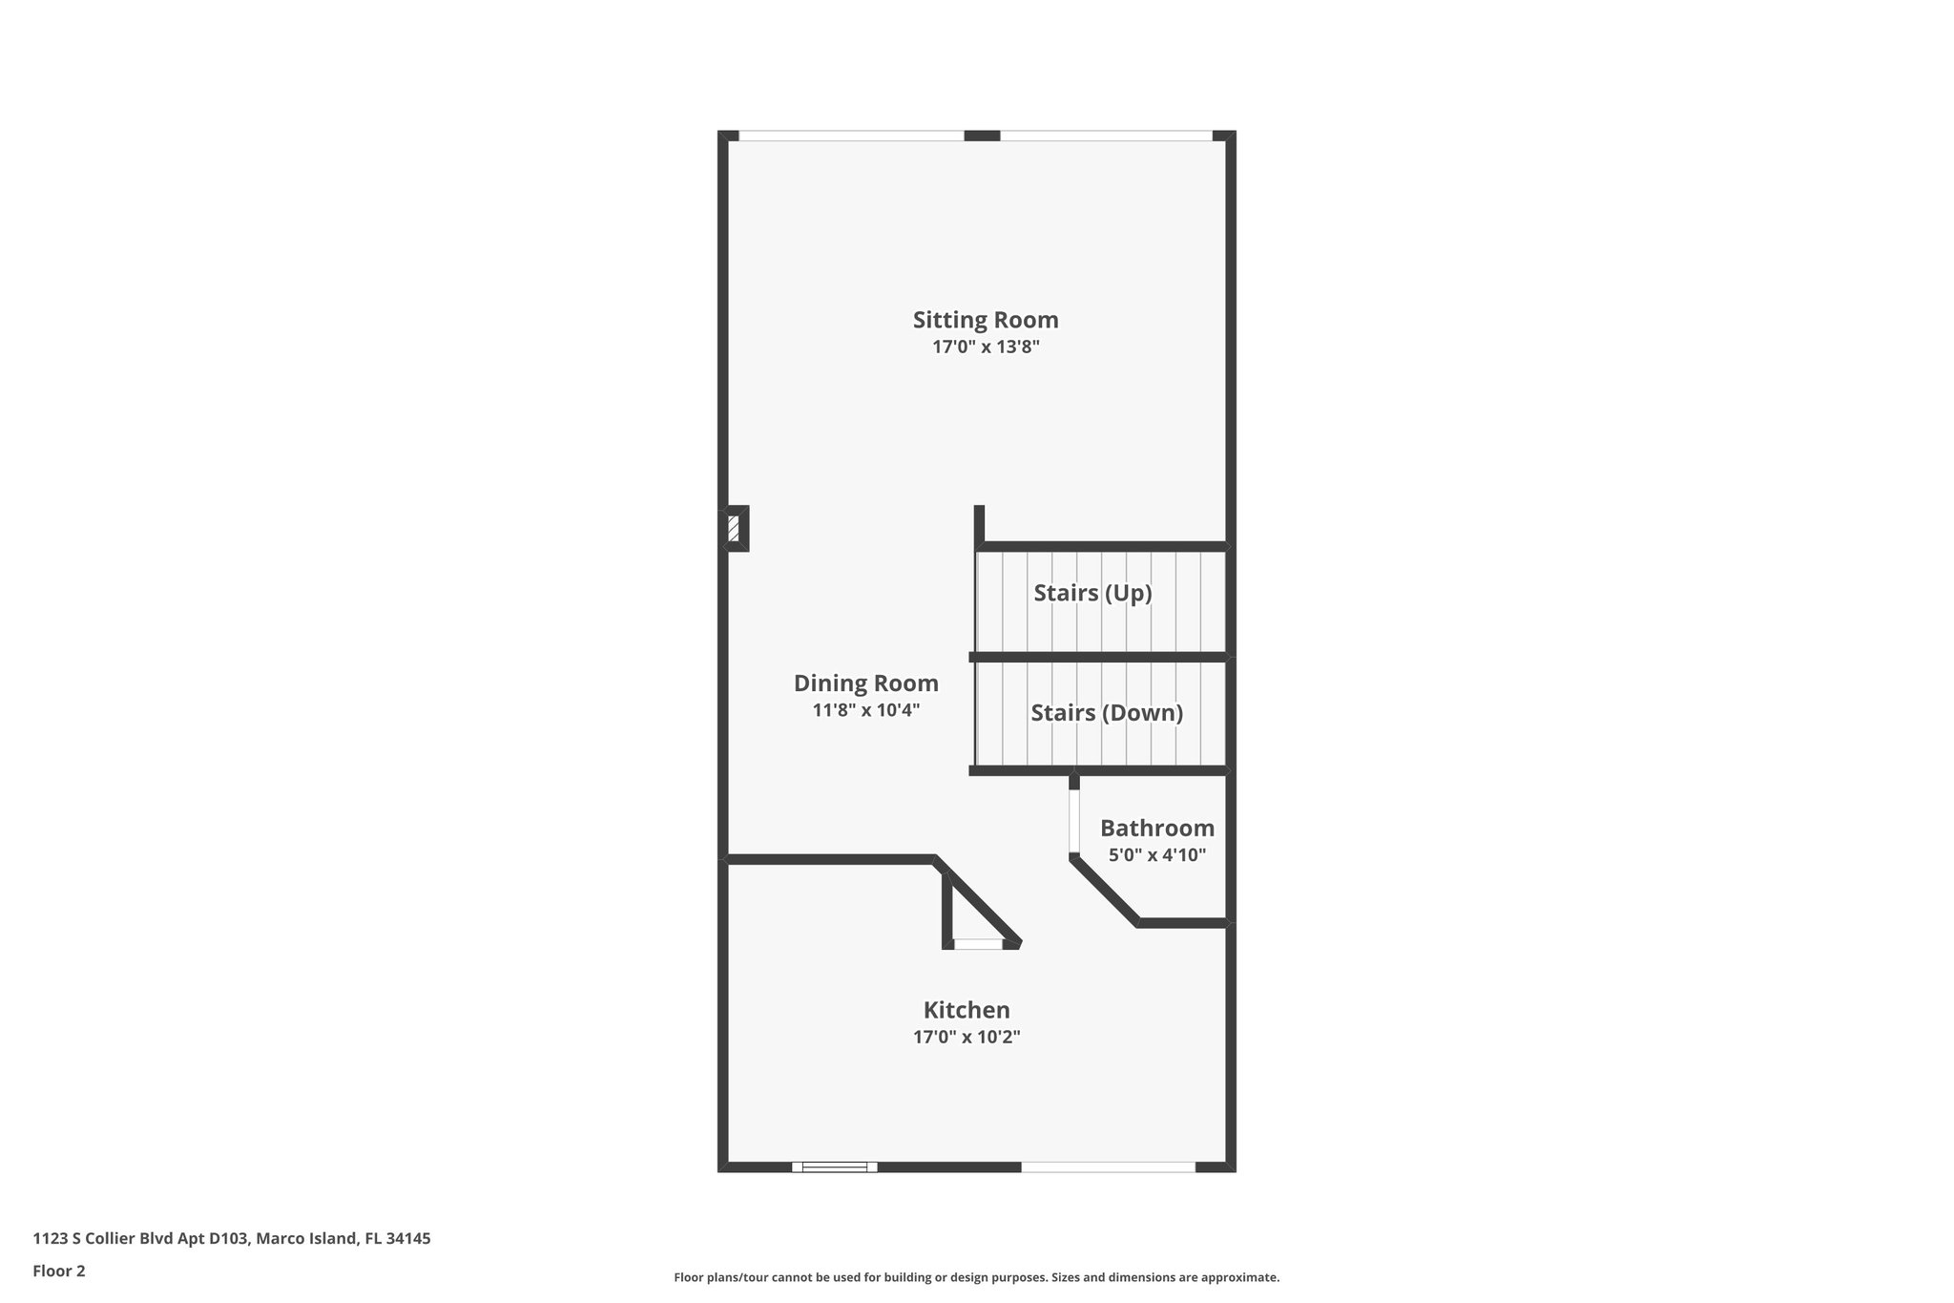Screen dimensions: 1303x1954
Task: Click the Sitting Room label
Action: [x=985, y=320]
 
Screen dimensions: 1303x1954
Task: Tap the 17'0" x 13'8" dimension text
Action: [x=985, y=347]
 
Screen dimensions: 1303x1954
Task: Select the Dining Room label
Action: [x=865, y=683]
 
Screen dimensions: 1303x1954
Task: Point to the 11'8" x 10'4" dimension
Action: [x=865, y=710]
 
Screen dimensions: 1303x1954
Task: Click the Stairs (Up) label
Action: [x=1092, y=593]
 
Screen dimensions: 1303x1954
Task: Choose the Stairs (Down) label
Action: [x=1107, y=713]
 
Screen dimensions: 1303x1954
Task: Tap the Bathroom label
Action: [x=1156, y=828]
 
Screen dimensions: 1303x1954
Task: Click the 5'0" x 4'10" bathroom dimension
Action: [x=1156, y=855]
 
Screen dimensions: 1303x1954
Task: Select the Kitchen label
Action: [x=966, y=1010]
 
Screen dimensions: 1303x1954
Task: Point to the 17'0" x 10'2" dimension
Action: [x=966, y=1037]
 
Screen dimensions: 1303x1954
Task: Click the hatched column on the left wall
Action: [x=734, y=528]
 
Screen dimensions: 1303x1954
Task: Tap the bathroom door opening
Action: [x=1074, y=821]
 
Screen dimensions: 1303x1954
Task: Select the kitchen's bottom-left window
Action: [x=835, y=1166]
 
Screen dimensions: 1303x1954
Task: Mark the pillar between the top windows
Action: [x=982, y=136]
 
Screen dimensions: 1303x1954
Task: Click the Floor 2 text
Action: [x=59, y=1271]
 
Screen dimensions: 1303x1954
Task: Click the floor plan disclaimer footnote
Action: [x=976, y=1277]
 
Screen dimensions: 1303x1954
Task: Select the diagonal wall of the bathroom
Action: [x=1105, y=891]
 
